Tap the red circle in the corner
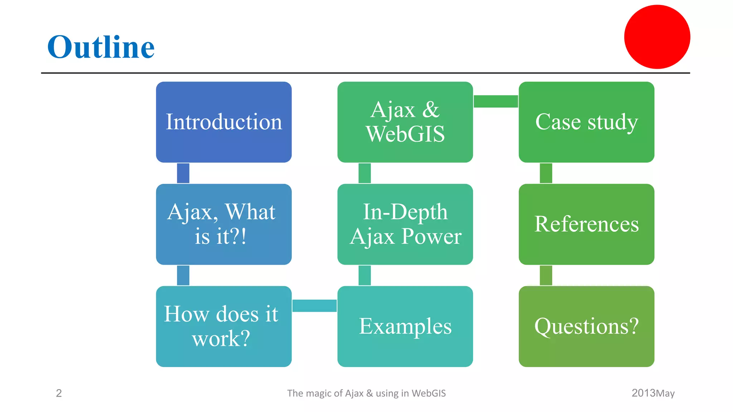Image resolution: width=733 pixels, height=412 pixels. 657,37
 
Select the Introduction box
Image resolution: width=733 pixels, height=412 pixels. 224,122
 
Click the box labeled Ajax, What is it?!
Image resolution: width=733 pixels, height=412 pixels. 224,224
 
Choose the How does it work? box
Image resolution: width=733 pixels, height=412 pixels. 224,326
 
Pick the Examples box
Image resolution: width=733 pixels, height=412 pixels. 405,326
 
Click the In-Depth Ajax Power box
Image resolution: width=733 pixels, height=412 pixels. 405,224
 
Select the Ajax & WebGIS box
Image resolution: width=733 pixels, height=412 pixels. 405,122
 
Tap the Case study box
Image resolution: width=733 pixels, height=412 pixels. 586,122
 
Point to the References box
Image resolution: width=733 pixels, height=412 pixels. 586,224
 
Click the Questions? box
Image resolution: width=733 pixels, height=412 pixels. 586,326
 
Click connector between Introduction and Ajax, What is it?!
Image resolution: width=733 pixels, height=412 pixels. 183,173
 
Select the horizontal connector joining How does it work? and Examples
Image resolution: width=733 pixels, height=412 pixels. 314,306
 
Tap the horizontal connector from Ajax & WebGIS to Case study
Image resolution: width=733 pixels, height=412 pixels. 496,101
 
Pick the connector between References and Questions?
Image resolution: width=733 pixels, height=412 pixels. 546,275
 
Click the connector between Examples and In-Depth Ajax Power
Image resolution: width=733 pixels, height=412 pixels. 364,275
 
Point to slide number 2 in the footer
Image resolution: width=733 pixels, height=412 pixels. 59,393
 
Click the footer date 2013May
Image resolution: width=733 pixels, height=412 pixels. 653,393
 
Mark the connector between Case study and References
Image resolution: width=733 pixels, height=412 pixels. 546,173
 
